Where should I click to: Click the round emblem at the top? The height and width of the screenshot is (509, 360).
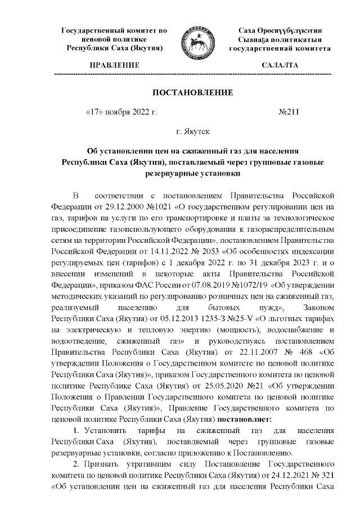coord(196,40)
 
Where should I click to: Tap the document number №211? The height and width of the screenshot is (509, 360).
coord(289,111)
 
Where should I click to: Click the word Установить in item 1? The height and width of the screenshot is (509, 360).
coord(101,431)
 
